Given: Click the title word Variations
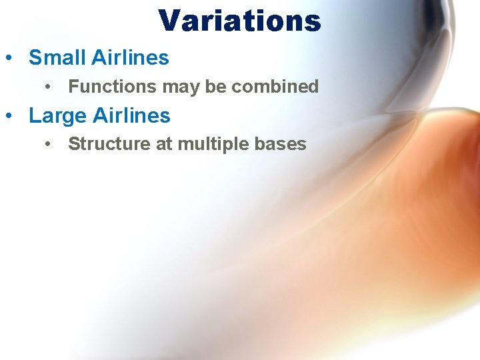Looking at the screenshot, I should [240, 21].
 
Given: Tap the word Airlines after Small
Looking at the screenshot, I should [130, 58].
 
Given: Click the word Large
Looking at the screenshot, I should [57, 116].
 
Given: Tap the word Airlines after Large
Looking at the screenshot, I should [131, 115].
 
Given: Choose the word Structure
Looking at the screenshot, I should [109, 144].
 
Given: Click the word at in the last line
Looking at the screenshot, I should [163, 145].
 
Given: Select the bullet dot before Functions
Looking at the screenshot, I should [49, 87].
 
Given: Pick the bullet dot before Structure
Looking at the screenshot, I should [49, 145].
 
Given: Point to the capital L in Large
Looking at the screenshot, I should [34, 116].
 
